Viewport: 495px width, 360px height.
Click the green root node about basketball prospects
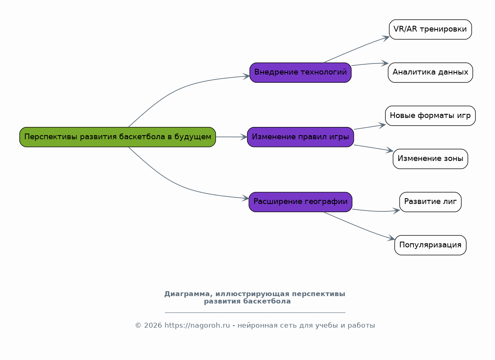click(118, 137)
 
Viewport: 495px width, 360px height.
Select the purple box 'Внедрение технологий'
click(301, 72)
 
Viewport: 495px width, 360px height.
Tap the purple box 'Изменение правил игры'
click(301, 137)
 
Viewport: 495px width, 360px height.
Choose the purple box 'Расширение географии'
click(301, 202)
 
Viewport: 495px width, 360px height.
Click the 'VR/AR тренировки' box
click(430, 29)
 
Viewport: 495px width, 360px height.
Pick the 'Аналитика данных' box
click(430, 72)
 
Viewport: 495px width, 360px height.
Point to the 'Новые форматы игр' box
click(430, 115)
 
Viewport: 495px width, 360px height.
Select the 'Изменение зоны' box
click(430, 159)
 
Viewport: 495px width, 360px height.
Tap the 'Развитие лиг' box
click(430, 202)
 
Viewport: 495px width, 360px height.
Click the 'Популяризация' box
click(430, 245)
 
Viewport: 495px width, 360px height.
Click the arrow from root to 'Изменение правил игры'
click(231, 137)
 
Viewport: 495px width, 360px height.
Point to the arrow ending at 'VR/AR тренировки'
click(356, 50)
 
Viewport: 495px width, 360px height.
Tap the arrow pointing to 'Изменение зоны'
click(373, 148)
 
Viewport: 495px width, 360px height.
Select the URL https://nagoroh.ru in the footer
click(197, 326)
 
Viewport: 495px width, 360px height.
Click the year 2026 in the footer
click(153, 326)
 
